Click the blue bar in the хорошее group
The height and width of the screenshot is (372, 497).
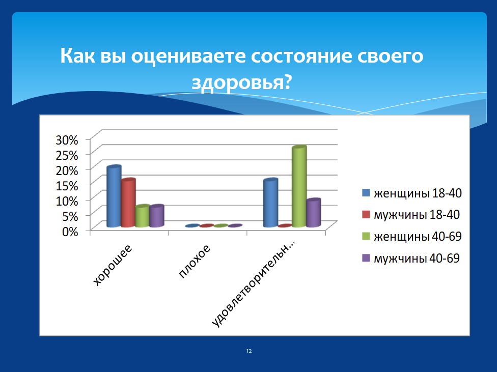point(114,196)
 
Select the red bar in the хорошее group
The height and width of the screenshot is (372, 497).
point(128,203)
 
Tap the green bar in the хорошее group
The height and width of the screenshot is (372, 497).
point(142,216)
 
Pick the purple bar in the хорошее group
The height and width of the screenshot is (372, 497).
point(156,216)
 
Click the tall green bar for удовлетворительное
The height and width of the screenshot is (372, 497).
point(299,186)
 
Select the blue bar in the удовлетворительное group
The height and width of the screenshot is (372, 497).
point(271,203)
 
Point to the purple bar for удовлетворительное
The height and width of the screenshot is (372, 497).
point(314,213)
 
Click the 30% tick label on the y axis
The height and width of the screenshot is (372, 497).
point(67,140)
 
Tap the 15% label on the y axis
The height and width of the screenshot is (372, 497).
point(67,186)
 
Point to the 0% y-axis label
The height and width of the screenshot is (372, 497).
point(70,232)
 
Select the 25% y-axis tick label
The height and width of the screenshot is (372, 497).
point(67,155)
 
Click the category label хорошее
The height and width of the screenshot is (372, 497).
point(113,265)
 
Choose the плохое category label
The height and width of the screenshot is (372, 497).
point(195,261)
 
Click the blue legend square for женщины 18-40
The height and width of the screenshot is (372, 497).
point(366,193)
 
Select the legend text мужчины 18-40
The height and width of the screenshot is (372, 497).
point(417,215)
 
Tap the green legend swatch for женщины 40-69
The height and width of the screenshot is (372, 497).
point(366,236)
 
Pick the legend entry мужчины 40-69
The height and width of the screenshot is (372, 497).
point(411,258)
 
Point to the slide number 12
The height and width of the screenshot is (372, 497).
point(249,351)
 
